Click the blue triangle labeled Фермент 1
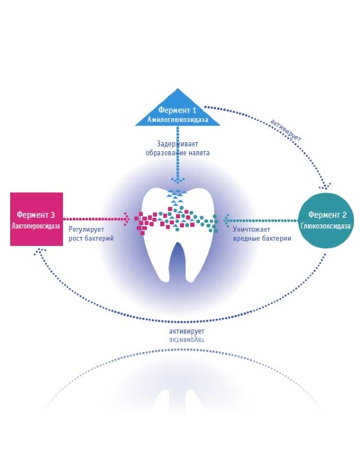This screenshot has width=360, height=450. click(177, 111)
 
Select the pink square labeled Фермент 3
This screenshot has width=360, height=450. click(37, 218)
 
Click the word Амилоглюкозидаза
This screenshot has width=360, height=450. click(177, 120)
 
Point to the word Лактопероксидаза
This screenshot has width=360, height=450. click(37, 226)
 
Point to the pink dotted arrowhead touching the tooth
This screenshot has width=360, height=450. click(127, 219)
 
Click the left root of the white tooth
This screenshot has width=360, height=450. click(157, 264)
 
